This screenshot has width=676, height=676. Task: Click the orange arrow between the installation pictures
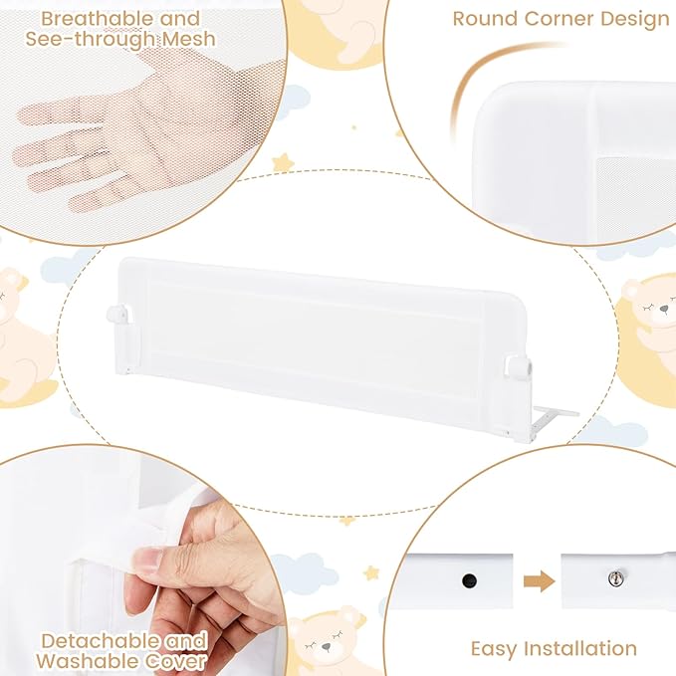coord(539,581)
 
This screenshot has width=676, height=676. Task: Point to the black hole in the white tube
coord(469,580)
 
